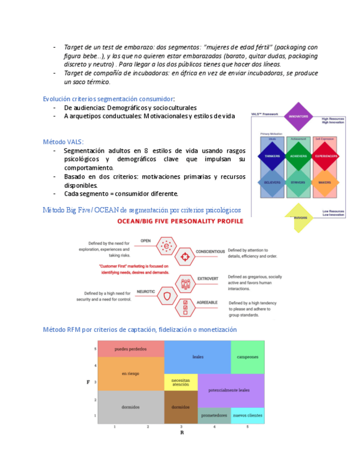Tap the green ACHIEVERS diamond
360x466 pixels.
coord(298,156)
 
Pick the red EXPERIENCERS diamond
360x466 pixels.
coord(325,156)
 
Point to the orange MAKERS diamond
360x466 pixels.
coord(325,182)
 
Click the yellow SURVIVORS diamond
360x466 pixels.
coord(298,217)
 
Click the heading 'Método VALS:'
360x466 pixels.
coord(63,142)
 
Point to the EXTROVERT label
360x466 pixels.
coord(207,279)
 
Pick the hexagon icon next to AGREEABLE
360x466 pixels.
coord(185,307)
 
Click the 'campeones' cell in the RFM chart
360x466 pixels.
coord(247,357)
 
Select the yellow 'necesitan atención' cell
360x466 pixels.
coord(181,382)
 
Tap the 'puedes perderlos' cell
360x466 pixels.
coord(131,349)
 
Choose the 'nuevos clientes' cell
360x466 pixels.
coord(247,415)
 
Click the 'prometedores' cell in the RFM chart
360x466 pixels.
coord(214,415)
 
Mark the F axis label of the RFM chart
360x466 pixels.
coord(88,381)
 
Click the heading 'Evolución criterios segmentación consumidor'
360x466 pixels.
coord(108,98)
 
